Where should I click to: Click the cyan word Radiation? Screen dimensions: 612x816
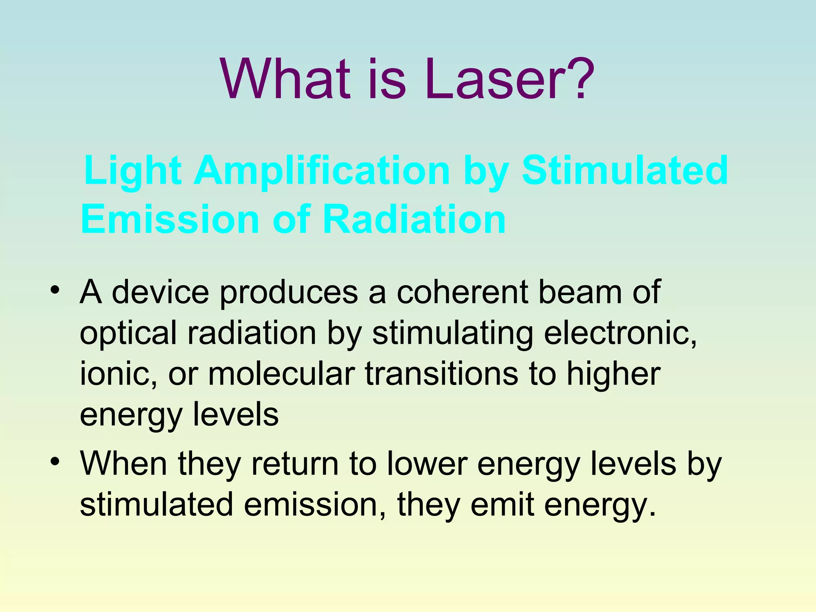tap(414, 220)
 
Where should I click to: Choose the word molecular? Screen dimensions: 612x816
tap(281, 374)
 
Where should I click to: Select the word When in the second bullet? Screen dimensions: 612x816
tap(124, 464)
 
